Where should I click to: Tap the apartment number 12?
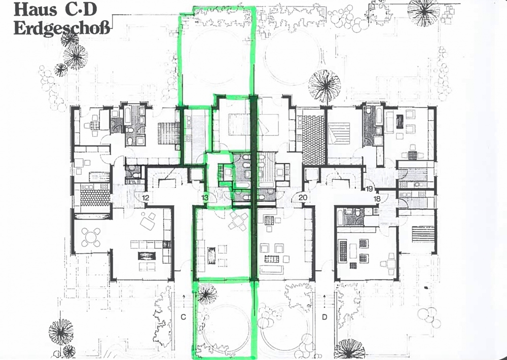(x=146, y=198)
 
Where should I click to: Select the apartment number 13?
(x=205, y=198)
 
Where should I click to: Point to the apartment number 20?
(x=303, y=197)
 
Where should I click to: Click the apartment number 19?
(x=369, y=189)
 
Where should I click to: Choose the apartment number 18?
(x=377, y=199)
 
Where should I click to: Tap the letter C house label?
(x=184, y=317)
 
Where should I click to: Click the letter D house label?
(x=324, y=317)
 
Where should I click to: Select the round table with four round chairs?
(x=91, y=237)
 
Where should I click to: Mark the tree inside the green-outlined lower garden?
(x=207, y=294)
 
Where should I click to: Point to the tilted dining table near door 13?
(x=238, y=221)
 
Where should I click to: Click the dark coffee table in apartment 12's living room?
(x=147, y=256)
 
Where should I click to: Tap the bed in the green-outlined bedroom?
(x=239, y=125)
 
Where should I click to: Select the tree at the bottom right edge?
(x=349, y=349)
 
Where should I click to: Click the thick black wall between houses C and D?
(x=254, y=188)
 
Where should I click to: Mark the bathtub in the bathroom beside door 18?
(x=340, y=217)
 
